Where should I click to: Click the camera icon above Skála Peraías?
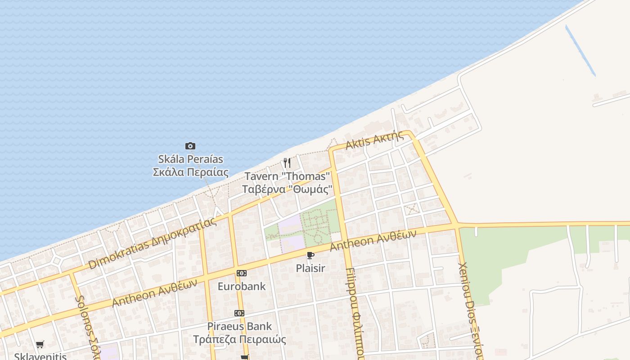[x=190, y=146]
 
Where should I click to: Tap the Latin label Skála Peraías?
[x=190, y=159]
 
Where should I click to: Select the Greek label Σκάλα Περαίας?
[x=190, y=172]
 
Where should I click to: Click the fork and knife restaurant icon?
[x=287, y=162]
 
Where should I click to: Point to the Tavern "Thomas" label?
[x=287, y=176]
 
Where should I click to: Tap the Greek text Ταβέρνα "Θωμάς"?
[x=287, y=189]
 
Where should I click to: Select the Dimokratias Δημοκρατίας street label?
[x=152, y=243]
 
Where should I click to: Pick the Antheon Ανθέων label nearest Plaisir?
[x=373, y=240]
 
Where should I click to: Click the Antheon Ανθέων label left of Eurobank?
[x=154, y=292]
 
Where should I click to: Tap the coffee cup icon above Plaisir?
[x=310, y=256]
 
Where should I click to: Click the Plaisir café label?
[x=310, y=268]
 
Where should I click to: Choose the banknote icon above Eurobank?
[x=242, y=273]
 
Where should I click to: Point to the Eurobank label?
[x=242, y=286]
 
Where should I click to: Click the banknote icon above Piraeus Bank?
[x=239, y=313]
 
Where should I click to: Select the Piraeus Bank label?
[x=239, y=326]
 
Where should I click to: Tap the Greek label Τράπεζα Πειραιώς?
[x=239, y=339]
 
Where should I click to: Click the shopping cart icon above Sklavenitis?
[x=40, y=345]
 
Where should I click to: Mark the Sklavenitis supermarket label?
[x=40, y=356]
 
